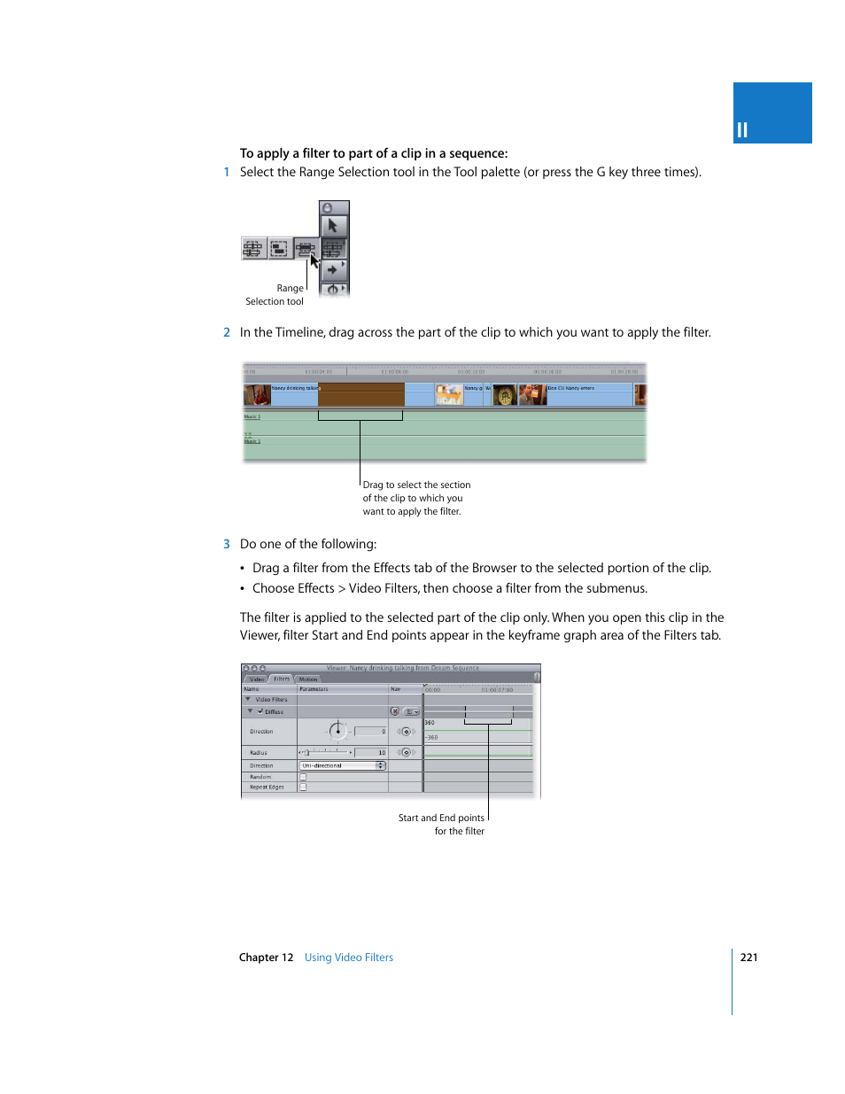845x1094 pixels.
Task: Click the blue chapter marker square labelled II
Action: tap(771, 113)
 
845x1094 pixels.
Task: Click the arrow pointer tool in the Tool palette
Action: tap(333, 226)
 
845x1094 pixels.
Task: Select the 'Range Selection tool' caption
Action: tap(275, 295)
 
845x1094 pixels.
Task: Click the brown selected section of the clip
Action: tap(360, 394)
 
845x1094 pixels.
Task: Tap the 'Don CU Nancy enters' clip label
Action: tap(571, 388)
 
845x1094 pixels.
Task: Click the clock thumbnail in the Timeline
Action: tap(505, 395)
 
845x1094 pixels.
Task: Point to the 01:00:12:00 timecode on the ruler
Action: tap(470, 372)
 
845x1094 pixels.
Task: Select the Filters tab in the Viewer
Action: tap(282, 679)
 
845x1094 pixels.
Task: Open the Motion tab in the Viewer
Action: tap(308, 679)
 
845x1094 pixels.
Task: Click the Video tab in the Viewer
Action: tap(257, 679)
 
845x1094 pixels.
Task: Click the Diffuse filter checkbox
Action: tap(260, 711)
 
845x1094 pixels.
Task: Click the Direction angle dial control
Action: tap(337, 731)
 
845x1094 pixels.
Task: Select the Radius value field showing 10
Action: tap(371, 752)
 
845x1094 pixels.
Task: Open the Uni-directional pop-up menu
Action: tap(343, 765)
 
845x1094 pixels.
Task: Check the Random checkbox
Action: tap(303, 777)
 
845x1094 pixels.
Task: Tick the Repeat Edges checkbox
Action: tap(303, 787)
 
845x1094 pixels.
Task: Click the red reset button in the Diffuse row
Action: tap(395, 711)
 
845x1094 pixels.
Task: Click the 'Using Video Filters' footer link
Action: tap(348, 958)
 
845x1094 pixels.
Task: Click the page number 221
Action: tap(748, 958)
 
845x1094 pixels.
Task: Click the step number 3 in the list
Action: tap(227, 544)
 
